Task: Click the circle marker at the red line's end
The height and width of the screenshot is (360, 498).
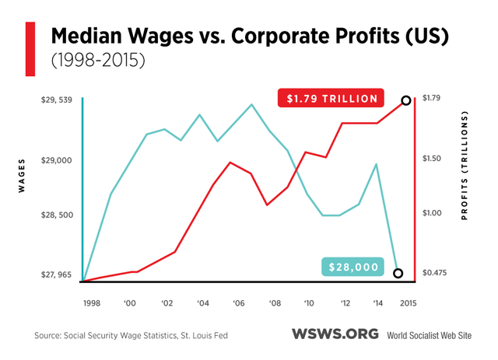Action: [406, 100]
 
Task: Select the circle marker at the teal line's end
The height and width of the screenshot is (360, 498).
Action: [398, 273]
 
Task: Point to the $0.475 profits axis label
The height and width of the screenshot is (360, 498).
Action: [433, 273]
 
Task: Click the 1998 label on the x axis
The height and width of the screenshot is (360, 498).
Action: [92, 302]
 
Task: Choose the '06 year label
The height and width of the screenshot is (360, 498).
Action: [239, 302]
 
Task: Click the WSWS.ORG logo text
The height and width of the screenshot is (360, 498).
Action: [335, 334]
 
